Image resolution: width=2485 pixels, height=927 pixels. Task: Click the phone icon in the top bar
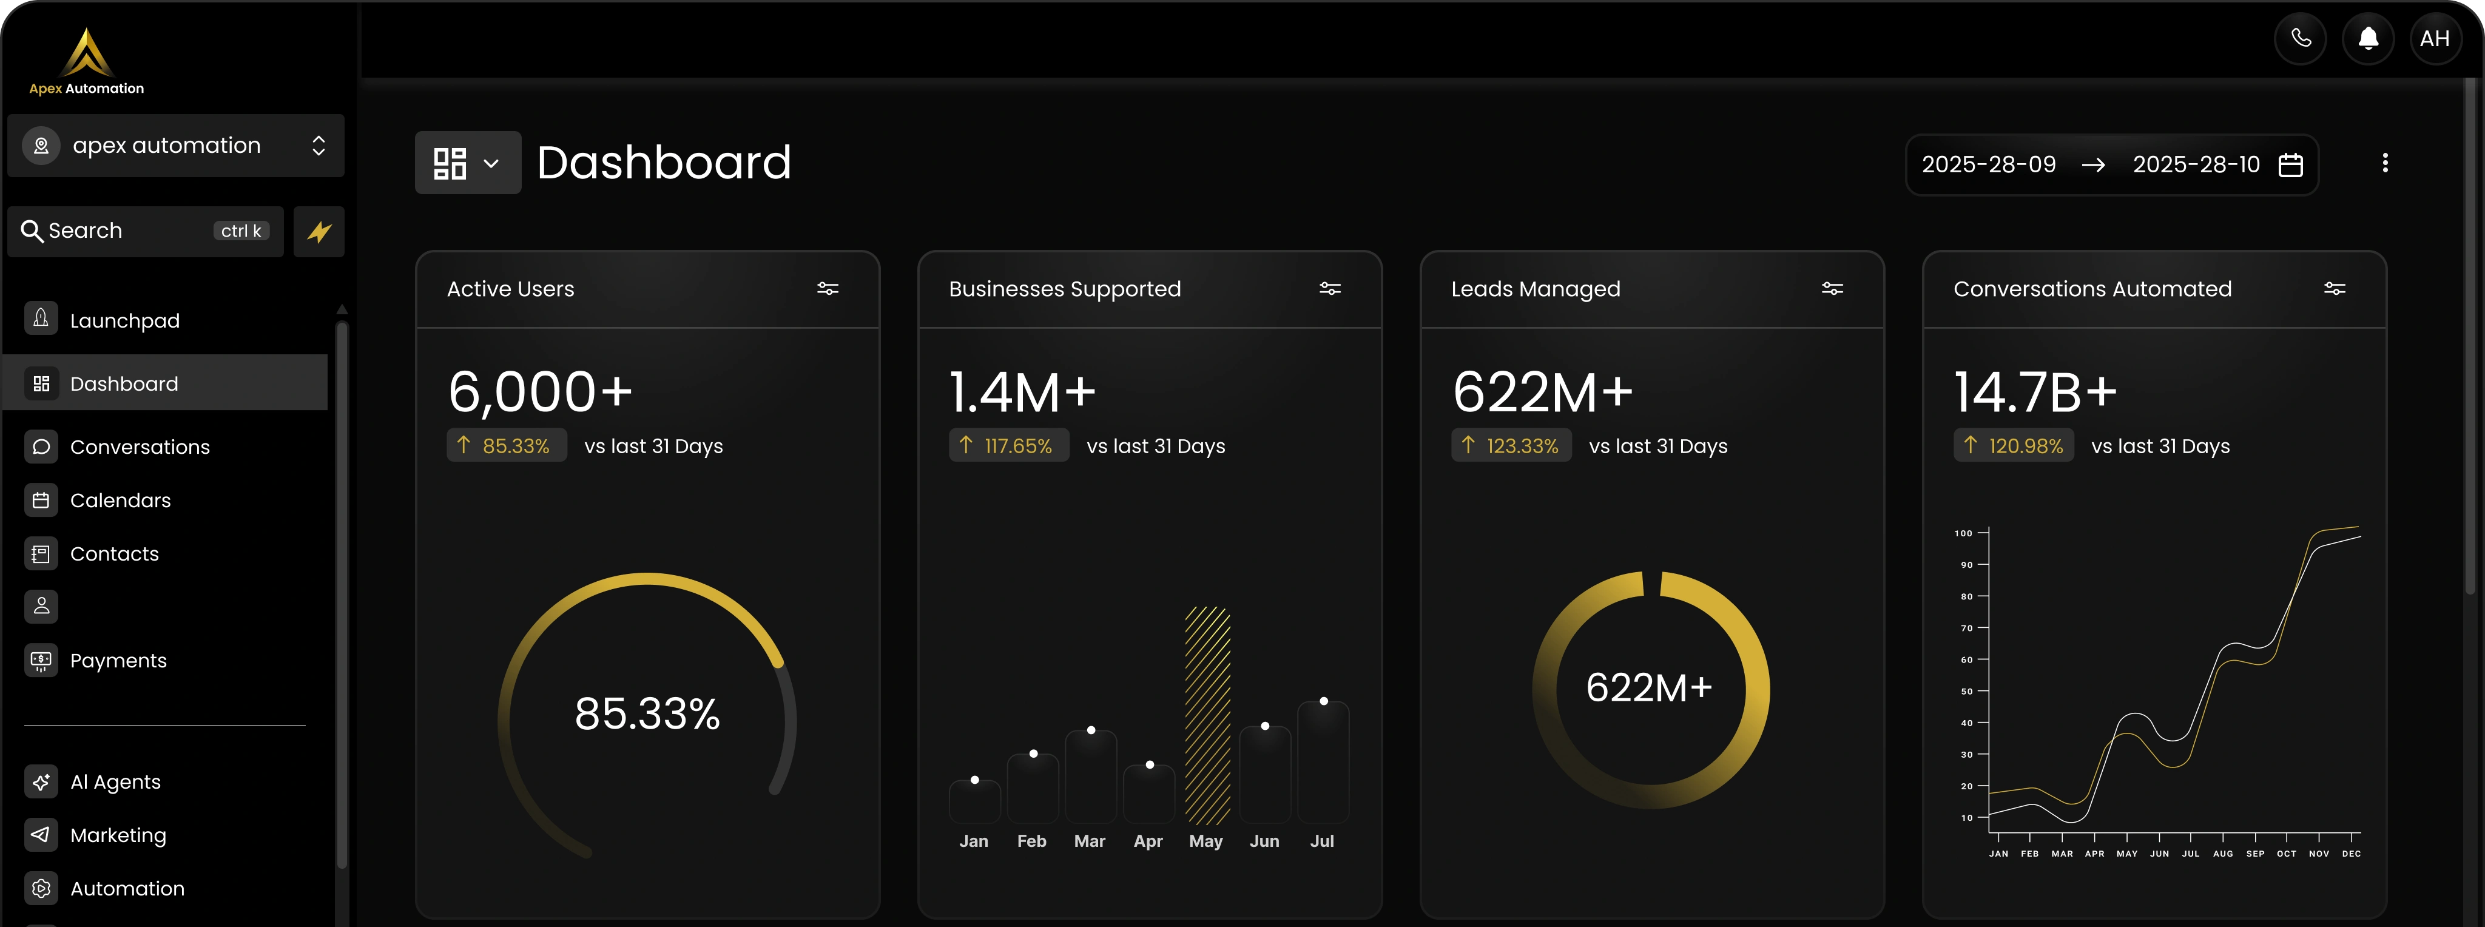click(x=2301, y=39)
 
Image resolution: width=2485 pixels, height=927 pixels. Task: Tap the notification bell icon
click(x=2369, y=39)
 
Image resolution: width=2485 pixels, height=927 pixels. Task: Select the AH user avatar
click(x=2435, y=39)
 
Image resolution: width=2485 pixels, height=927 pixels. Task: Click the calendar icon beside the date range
click(x=2290, y=165)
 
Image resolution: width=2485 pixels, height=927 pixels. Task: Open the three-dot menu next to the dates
click(x=2385, y=163)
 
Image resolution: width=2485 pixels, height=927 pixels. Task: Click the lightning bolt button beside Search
click(x=319, y=232)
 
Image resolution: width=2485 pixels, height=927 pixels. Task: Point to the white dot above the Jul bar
click(x=1324, y=701)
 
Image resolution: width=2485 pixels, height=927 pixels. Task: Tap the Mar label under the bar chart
click(x=1089, y=841)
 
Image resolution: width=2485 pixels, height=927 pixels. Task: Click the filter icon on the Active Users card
click(x=828, y=288)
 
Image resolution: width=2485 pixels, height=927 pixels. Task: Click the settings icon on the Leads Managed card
click(x=1832, y=288)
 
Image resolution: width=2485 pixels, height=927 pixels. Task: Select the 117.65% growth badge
click(x=1008, y=446)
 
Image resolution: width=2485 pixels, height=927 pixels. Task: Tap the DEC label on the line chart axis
click(x=2351, y=854)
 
